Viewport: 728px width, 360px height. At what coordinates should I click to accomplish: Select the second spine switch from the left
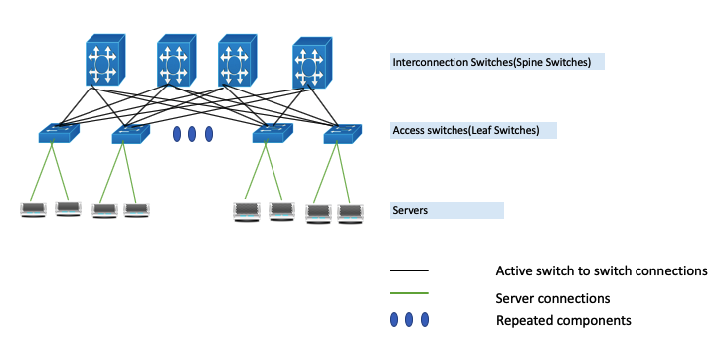pos(175,62)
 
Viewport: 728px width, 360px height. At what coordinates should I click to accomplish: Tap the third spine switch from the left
pos(237,62)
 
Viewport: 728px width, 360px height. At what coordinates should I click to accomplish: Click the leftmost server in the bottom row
pos(36,210)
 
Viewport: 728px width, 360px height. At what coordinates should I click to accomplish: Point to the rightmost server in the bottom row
pos(350,211)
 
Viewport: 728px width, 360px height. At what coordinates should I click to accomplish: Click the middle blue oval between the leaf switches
pos(193,133)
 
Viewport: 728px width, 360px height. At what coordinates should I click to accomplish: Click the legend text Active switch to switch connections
pos(601,270)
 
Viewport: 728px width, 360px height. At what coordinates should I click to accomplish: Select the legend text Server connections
pos(552,297)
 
